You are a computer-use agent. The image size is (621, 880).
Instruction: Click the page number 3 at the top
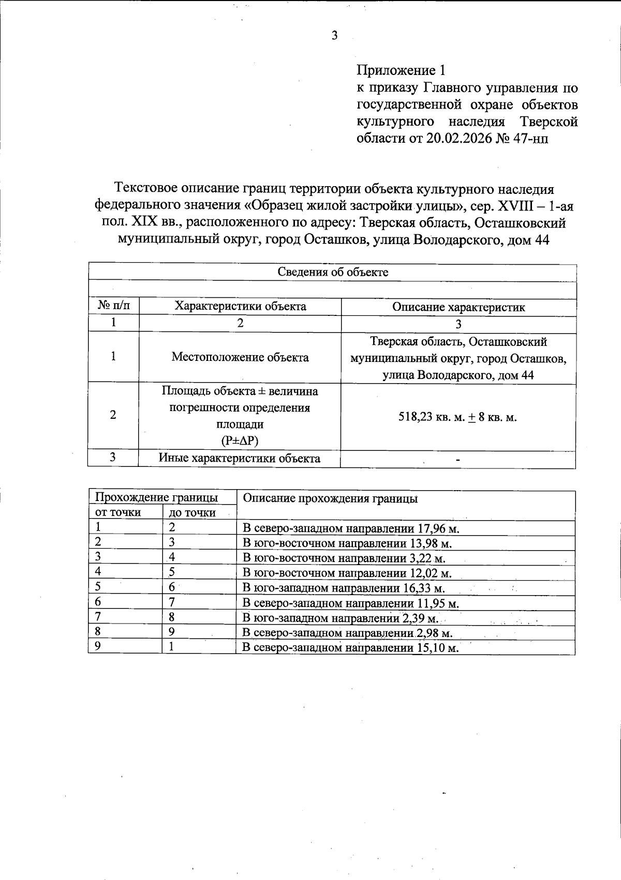pos(334,36)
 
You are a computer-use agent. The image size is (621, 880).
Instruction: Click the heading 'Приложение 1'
pos(401,70)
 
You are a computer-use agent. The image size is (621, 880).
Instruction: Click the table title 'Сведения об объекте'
pos(333,272)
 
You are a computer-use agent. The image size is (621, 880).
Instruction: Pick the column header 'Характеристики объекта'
pos(240,306)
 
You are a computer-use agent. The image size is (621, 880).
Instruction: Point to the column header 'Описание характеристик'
pos(458,307)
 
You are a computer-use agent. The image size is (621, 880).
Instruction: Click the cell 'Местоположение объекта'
pos(240,357)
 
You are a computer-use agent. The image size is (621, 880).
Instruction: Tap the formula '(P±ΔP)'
pos(240,441)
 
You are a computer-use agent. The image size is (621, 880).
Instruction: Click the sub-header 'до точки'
pos(192,513)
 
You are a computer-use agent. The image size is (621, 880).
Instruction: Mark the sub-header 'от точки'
pos(117,512)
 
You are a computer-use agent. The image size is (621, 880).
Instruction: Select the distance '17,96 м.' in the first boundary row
pos(439,528)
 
